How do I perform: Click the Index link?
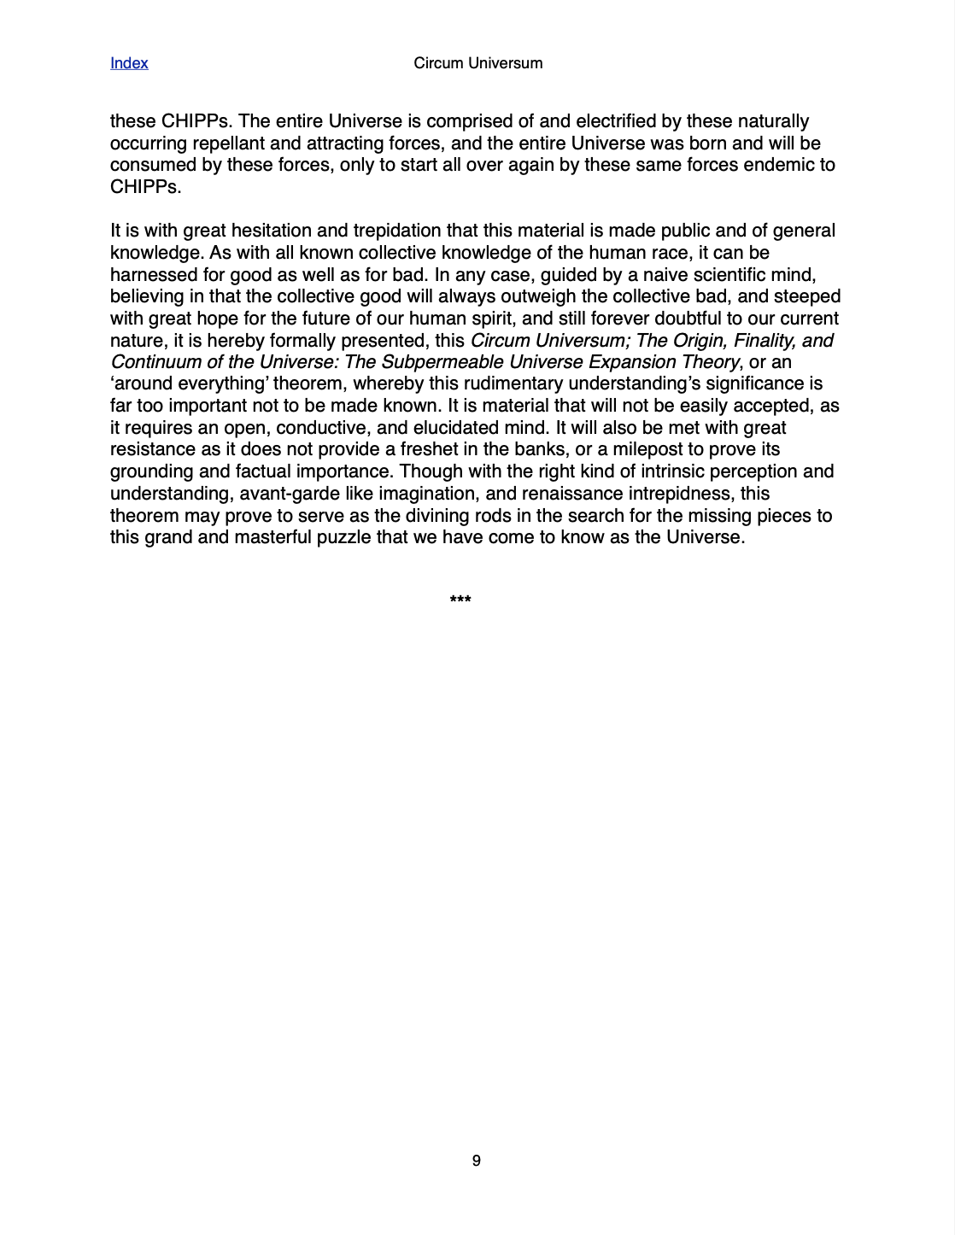click(x=129, y=63)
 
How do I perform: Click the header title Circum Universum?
click(x=477, y=63)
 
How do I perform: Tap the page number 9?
click(x=476, y=1161)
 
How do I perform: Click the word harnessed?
click(x=153, y=275)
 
